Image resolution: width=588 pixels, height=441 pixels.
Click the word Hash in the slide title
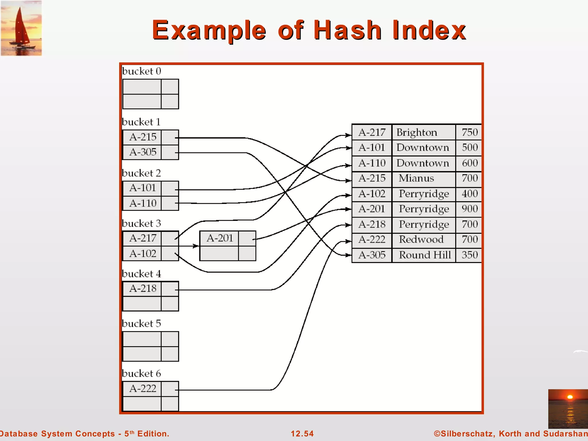[x=347, y=30]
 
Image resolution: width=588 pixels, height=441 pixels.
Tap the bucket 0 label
[x=141, y=71]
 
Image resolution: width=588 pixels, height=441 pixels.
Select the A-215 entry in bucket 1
[x=142, y=137]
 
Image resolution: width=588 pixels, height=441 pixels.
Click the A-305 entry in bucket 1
[x=142, y=152]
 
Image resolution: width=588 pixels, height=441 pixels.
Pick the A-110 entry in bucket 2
[x=142, y=203]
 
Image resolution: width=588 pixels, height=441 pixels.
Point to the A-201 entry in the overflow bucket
[x=220, y=238]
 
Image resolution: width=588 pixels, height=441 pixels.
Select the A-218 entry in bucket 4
[x=142, y=288]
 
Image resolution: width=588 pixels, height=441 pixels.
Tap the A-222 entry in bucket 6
[x=142, y=388]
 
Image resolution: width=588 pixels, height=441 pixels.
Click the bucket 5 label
[x=141, y=324]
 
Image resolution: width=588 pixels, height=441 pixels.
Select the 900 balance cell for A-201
[x=469, y=209]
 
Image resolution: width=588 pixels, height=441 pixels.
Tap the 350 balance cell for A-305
[x=469, y=255]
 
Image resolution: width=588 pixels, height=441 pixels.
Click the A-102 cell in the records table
[x=372, y=194]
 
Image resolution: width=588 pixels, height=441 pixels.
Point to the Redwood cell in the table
[x=421, y=239]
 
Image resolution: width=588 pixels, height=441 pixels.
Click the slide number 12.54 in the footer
[x=302, y=434]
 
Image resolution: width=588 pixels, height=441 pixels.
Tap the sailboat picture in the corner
[x=21, y=28]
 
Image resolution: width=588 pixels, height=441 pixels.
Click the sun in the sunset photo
[x=570, y=397]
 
